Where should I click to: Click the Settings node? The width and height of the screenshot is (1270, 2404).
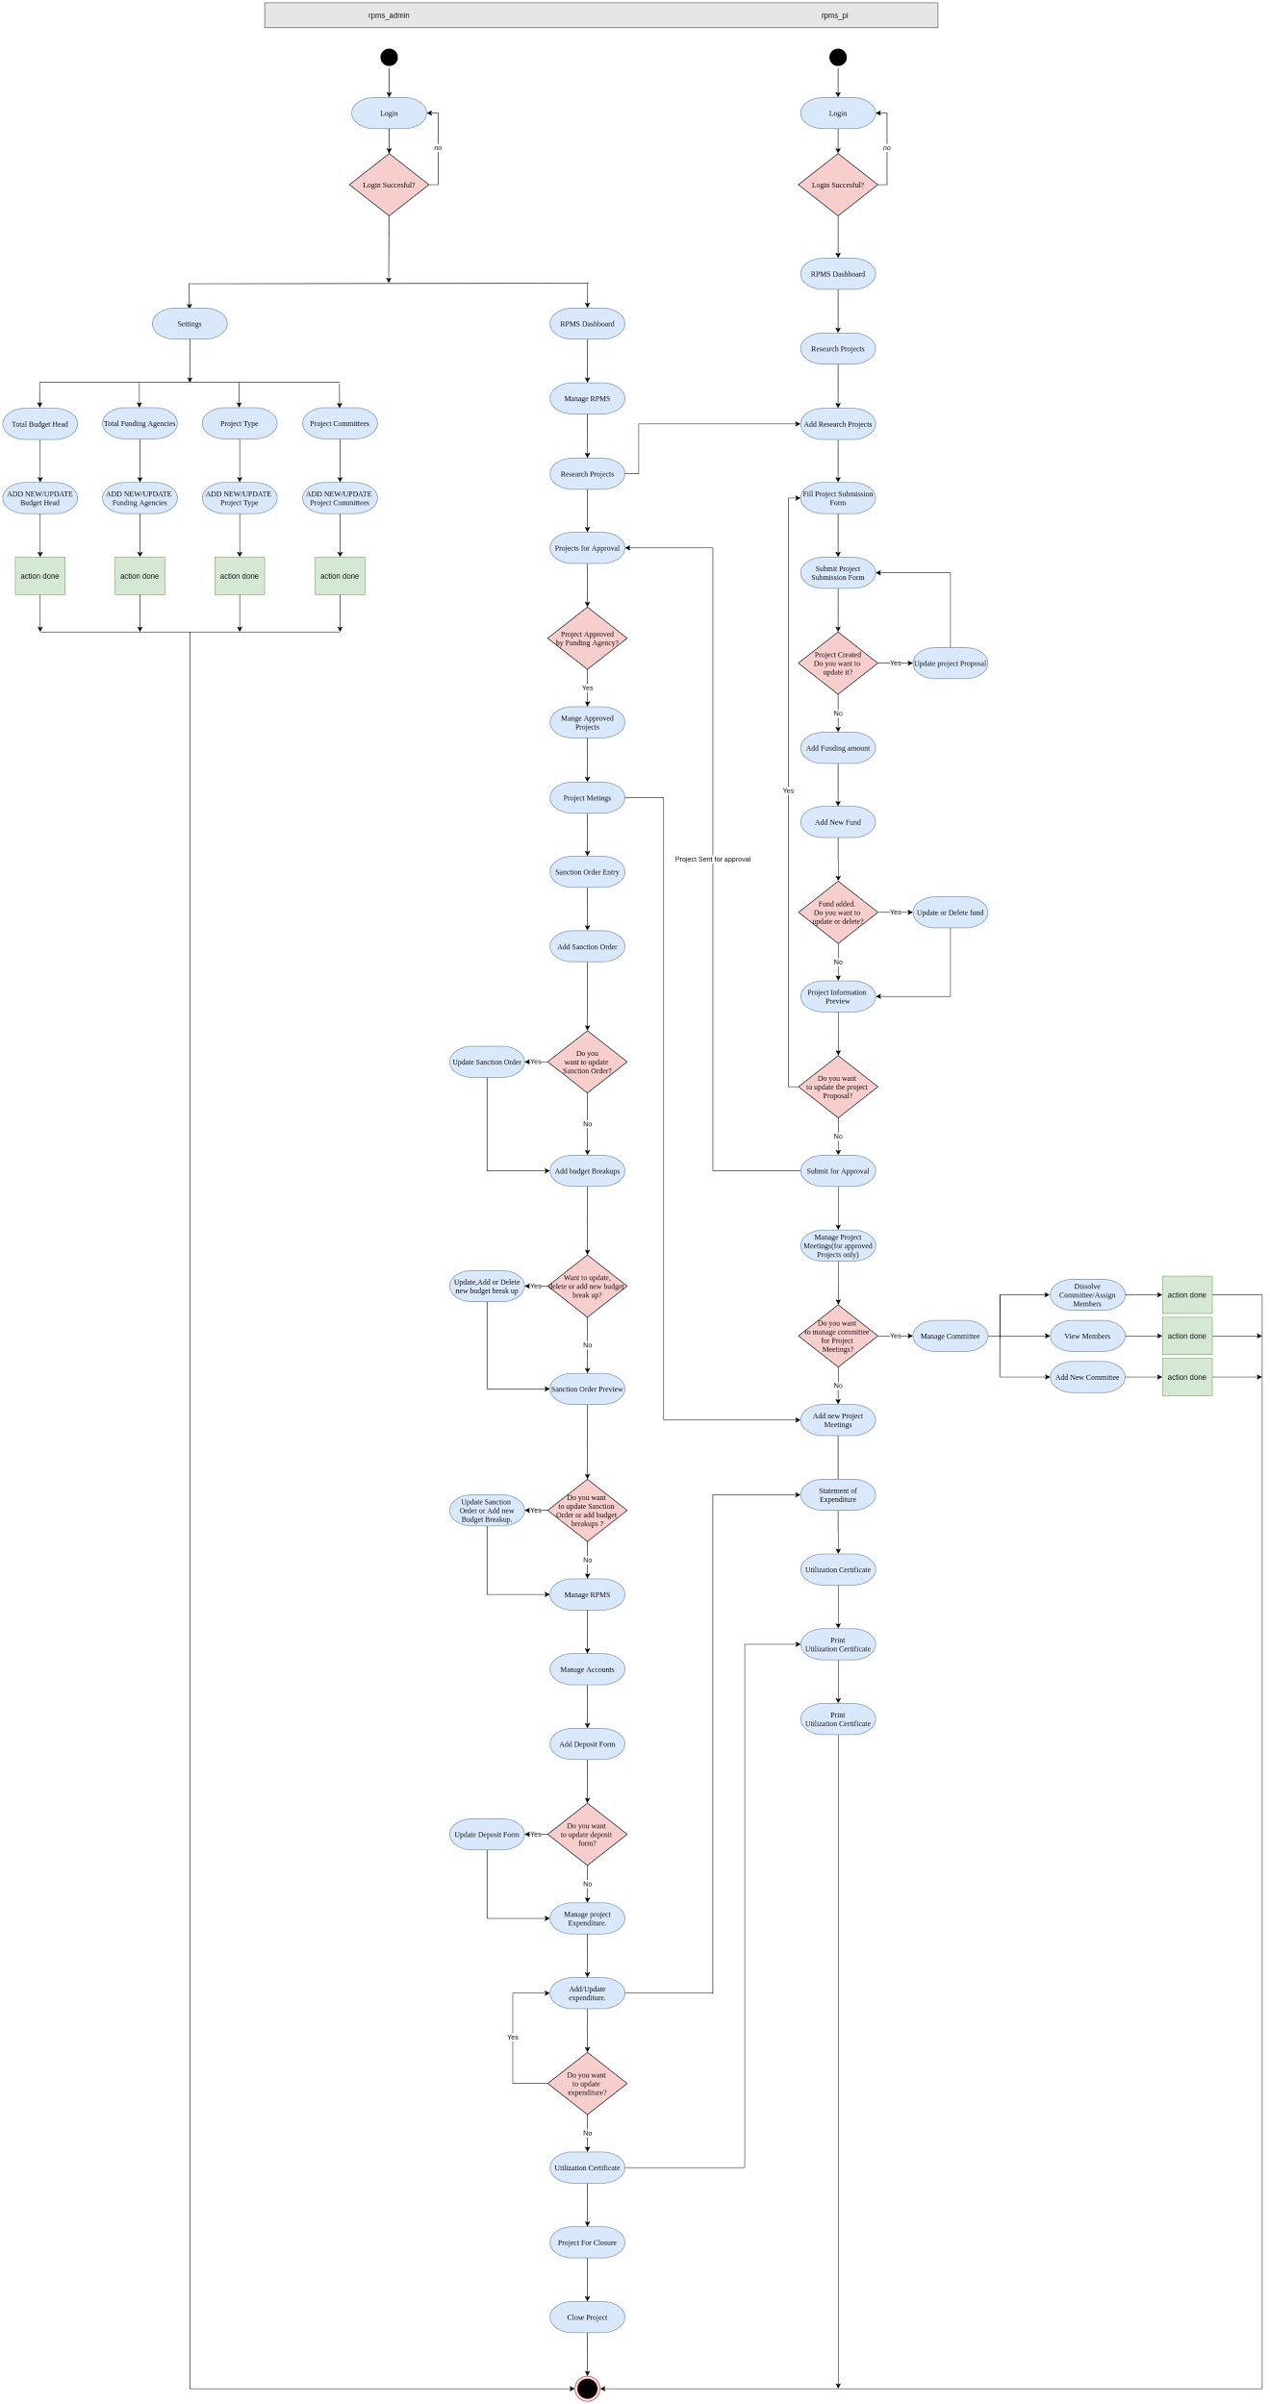[x=190, y=324]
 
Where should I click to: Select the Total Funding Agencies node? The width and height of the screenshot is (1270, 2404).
[x=140, y=423]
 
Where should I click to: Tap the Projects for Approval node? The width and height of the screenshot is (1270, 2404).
[x=587, y=548]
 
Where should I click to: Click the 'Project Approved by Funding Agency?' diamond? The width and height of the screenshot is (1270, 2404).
[x=587, y=639]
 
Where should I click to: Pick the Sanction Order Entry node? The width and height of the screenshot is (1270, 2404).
[x=587, y=872]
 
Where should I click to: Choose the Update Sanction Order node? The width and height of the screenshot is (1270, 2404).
[x=487, y=1062]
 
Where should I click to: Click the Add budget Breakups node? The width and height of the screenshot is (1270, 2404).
[x=587, y=1171]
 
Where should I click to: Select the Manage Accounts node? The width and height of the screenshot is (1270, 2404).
[x=587, y=1669]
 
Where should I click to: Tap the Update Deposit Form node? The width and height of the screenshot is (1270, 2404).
[x=487, y=1835]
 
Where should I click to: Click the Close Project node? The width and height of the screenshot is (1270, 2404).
[x=587, y=2317]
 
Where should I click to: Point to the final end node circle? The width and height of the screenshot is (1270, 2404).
[x=587, y=2389]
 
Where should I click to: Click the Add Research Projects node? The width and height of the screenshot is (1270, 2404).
[x=838, y=424]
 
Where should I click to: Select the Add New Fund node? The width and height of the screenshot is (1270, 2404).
[x=838, y=822]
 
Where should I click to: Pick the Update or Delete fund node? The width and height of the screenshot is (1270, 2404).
[x=951, y=913]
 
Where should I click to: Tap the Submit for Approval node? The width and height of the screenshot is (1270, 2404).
[x=838, y=1171]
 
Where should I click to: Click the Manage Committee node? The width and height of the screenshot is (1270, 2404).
[x=951, y=1336]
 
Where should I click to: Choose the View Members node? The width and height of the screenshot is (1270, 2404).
[x=1087, y=1336]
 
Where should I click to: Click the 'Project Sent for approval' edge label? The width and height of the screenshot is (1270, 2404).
[x=713, y=859]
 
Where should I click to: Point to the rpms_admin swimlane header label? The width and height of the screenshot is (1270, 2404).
[x=389, y=15]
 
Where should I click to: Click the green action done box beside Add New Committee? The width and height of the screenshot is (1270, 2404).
[x=1187, y=1377]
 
